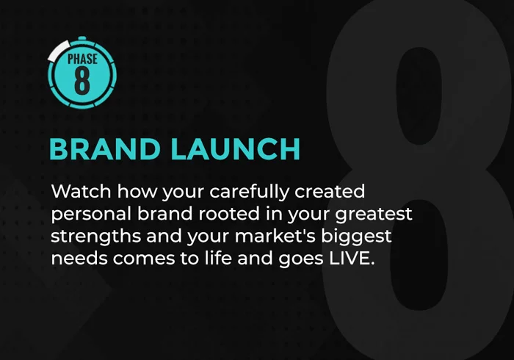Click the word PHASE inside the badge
pyautogui.click(x=82, y=59)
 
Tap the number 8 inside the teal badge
pyautogui.click(x=82, y=81)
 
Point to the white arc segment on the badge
pyautogui.click(x=59, y=50)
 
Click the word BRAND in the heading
pyautogui.click(x=104, y=149)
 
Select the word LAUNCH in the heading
pyautogui.click(x=236, y=149)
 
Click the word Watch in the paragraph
pyautogui.click(x=81, y=191)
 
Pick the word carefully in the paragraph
pyautogui.click(x=249, y=192)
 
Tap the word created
pyautogui.click(x=330, y=191)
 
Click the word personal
pyautogui.click(x=91, y=214)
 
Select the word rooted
pyautogui.click(x=229, y=214)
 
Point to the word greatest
pyautogui.click(x=374, y=214)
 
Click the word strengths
pyautogui.click(x=95, y=237)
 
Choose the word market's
pyautogui.click(x=275, y=236)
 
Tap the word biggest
pyautogui.click(x=356, y=237)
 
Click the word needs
pyautogui.click(x=79, y=258)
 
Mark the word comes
pyautogui.click(x=144, y=259)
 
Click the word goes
pyautogui.click(x=302, y=259)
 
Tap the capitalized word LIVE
pyautogui.click(x=352, y=258)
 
